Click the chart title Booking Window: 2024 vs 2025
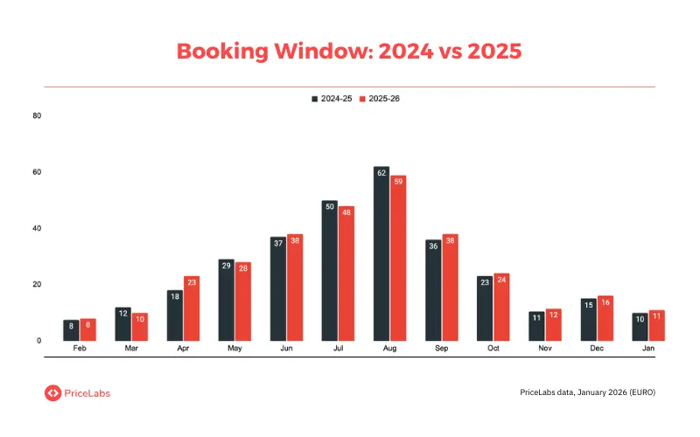pyautogui.click(x=349, y=51)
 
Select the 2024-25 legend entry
pyautogui.click(x=332, y=99)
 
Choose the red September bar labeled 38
pyautogui.click(x=450, y=288)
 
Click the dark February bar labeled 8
pyautogui.click(x=72, y=329)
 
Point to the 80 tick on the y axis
pyautogui.click(x=36, y=115)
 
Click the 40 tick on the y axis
pyautogui.click(x=36, y=228)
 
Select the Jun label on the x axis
pyautogui.click(x=286, y=348)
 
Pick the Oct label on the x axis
pyautogui.click(x=493, y=348)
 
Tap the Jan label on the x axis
pyautogui.click(x=647, y=348)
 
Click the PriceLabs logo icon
pyautogui.click(x=52, y=393)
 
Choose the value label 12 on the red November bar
pyautogui.click(x=553, y=314)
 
